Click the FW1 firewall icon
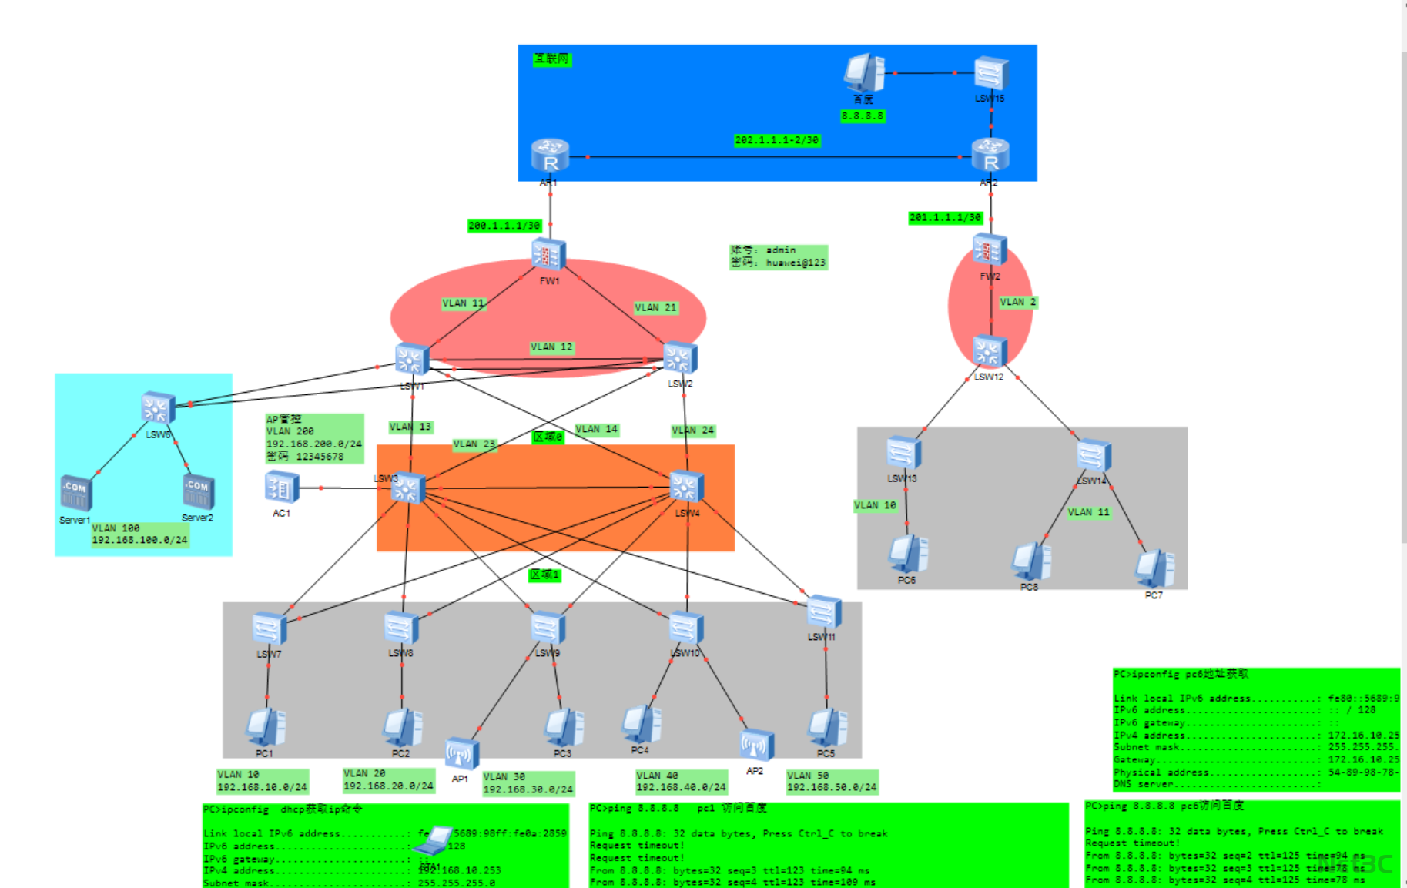click(549, 254)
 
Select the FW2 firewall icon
click(990, 250)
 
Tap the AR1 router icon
click(550, 155)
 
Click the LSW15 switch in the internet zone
click(991, 73)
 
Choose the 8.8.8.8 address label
click(863, 116)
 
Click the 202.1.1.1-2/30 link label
click(776, 140)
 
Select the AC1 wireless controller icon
click(281, 488)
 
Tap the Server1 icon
click(76, 492)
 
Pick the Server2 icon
click(198, 491)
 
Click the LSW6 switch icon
click(158, 408)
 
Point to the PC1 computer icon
click(266, 726)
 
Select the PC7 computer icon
click(1154, 569)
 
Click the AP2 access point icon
click(756, 745)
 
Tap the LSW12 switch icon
click(989, 352)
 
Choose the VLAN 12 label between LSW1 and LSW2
click(551, 347)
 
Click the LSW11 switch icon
click(824, 613)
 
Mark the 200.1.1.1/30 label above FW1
click(504, 226)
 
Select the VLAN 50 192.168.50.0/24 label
click(831, 782)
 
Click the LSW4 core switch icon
click(685, 487)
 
